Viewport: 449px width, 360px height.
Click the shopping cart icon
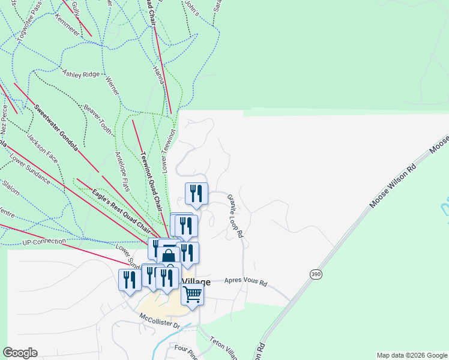(193, 295)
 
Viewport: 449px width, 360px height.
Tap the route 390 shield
(316, 274)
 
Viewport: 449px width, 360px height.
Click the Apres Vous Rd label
(246, 281)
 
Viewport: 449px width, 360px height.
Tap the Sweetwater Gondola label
(56, 128)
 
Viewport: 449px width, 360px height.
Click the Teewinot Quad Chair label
(151, 178)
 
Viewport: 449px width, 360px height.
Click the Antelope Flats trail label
(122, 168)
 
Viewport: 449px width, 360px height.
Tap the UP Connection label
(43, 242)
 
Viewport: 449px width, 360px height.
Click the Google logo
(20, 353)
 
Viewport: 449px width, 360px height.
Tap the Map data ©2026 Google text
(412, 355)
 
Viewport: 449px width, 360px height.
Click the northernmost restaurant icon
(196, 193)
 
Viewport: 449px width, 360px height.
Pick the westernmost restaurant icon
(129, 280)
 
